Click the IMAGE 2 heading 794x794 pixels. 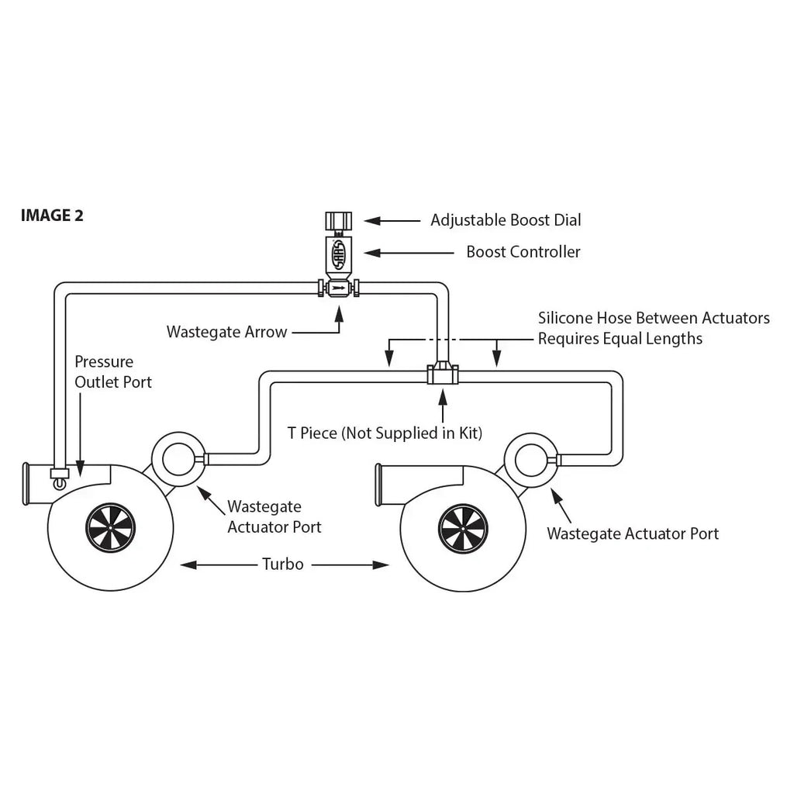coord(52,216)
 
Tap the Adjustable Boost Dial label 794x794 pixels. coord(506,220)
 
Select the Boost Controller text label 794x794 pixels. coord(523,252)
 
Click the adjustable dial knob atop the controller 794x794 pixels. coord(338,221)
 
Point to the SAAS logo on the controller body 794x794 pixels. coord(338,254)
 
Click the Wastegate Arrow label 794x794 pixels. coord(226,332)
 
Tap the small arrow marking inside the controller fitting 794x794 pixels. coord(338,288)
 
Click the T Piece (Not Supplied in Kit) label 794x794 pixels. coord(385,433)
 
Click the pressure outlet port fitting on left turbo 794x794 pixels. coord(60,475)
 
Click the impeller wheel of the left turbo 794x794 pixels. coord(110,528)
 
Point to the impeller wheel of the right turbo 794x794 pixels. coord(463,529)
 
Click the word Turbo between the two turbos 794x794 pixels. coord(283,564)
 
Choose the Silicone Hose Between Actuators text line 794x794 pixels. coord(654,318)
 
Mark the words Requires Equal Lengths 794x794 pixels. coord(620,338)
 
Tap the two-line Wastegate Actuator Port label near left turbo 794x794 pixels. coord(274,517)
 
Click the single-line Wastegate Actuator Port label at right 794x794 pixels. coord(632,533)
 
